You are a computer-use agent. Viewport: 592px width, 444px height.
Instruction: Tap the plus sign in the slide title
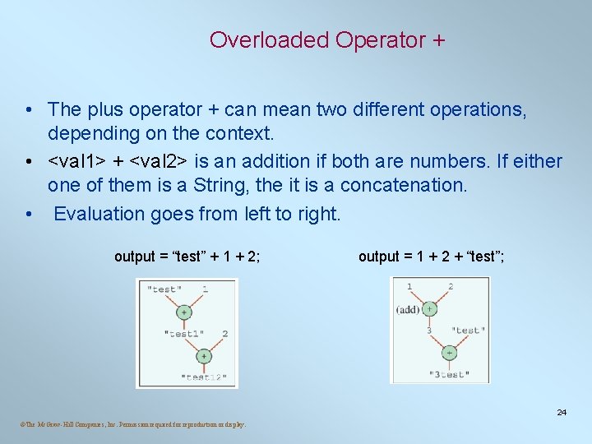click(x=436, y=39)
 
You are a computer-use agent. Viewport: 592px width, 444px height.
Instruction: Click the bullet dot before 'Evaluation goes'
click(x=29, y=214)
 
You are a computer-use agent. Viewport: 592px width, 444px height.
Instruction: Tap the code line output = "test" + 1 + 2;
click(x=187, y=257)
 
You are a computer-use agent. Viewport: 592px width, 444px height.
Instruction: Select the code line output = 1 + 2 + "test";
click(x=432, y=257)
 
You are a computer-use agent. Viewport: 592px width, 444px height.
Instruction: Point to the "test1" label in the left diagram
click(x=185, y=334)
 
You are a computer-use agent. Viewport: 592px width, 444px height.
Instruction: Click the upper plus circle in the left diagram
click(x=184, y=312)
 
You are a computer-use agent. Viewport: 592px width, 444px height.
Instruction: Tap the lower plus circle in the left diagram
click(x=203, y=357)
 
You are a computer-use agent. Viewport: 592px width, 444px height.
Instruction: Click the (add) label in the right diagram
click(x=408, y=309)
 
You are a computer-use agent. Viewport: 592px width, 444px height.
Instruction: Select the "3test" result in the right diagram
click(x=449, y=374)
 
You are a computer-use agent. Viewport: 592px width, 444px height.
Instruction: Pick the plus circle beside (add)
click(x=429, y=309)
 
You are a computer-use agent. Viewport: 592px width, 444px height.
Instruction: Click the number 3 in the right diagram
click(x=428, y=331)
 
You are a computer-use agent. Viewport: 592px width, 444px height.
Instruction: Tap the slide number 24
click(x=562, y=412)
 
